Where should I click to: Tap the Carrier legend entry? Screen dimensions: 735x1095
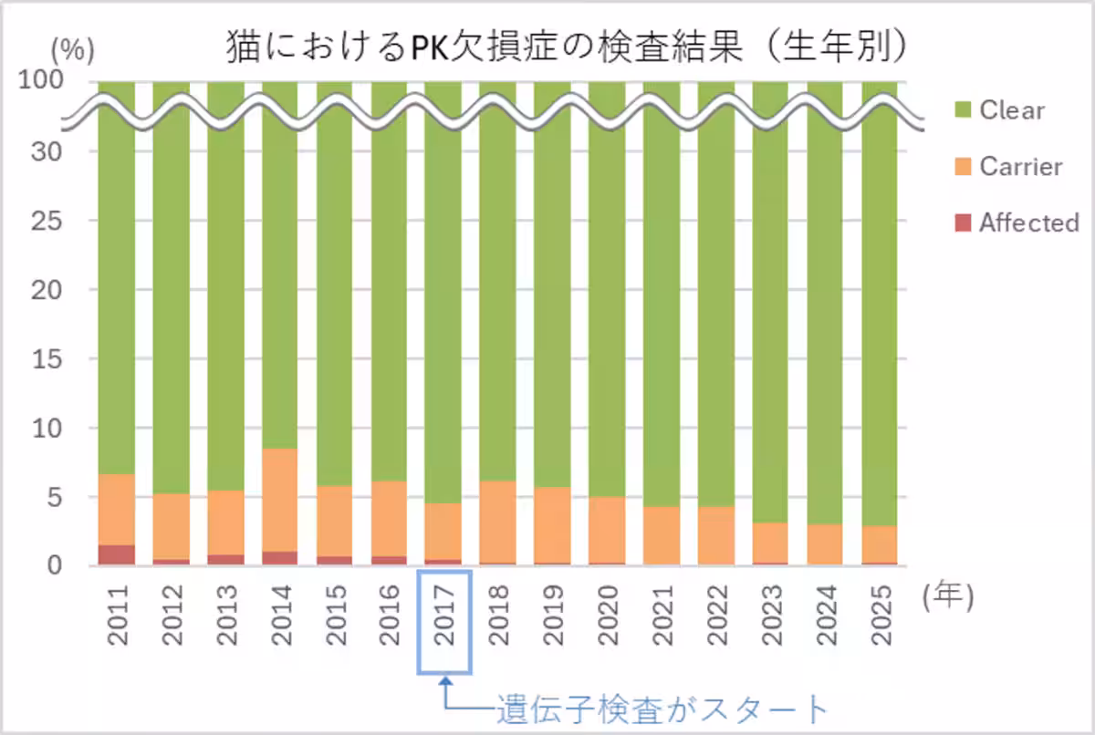click(x=1020, y=167)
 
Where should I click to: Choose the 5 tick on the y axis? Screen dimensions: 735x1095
click(x=55, y=498)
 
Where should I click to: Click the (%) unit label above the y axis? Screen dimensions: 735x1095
click(x=72, y=51)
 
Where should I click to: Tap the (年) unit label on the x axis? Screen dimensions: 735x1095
click(x=949, y=596)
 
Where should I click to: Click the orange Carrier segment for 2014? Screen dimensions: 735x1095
click(x=280, y=500)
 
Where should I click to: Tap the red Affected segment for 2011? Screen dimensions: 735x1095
click(x=117, y=555)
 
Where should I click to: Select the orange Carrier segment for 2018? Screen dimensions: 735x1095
click(x=498, y=522)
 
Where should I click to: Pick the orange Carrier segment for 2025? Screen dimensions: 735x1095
click(x=880, y=544)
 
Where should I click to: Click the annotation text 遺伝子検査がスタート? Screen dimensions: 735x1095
click(x=662, y=709)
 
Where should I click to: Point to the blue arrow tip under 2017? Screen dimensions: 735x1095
click(x=444, y=678)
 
